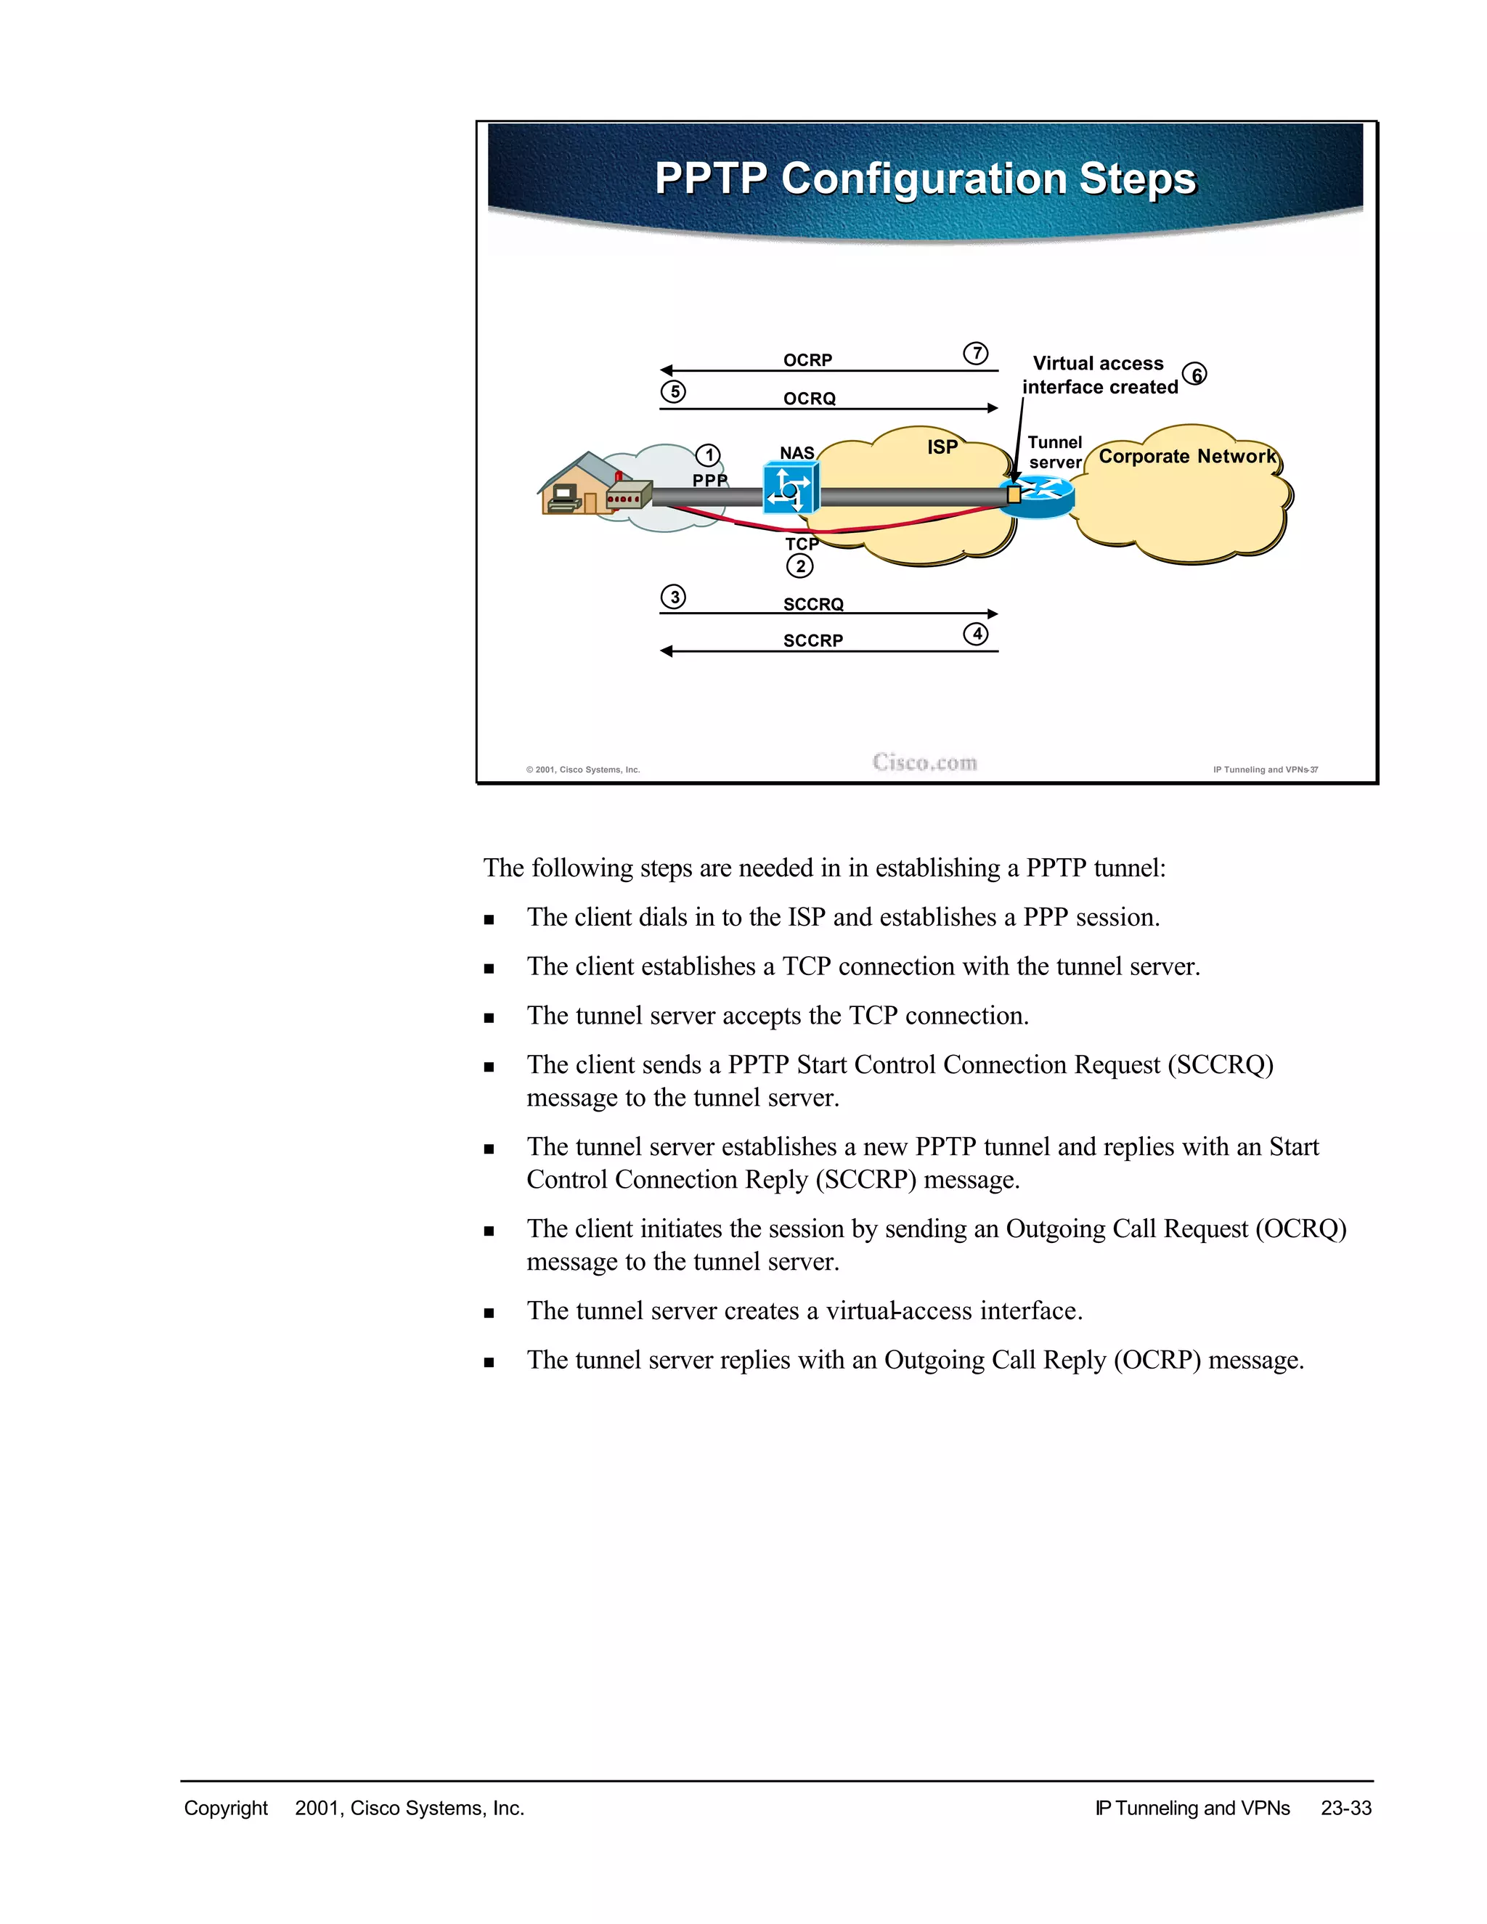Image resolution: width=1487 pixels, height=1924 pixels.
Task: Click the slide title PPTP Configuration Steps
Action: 925,179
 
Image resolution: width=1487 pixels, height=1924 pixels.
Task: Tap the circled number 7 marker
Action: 975,354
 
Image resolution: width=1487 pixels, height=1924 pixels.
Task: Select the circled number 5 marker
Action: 673,391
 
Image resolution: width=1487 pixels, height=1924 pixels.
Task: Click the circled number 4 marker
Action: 975,633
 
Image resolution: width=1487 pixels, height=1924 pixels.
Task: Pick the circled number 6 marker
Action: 1195,375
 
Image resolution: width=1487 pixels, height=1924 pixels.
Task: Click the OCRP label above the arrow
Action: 807,360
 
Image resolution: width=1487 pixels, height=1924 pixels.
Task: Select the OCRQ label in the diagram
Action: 809,398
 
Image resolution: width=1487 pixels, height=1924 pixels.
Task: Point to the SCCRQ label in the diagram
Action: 813,604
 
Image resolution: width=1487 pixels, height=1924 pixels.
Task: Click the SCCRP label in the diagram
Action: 812,640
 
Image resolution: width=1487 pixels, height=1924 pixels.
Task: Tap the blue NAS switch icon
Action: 790,489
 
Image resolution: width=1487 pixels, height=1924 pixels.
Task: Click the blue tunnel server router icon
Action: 1040,495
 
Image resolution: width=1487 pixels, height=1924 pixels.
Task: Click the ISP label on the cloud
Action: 942,447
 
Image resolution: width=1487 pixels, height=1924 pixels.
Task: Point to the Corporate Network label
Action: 1186,457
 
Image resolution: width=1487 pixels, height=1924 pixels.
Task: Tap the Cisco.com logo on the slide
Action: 925,762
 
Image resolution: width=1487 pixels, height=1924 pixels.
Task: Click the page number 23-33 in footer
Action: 1345,1809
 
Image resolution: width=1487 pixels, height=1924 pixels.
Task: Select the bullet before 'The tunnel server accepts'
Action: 489,1017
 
